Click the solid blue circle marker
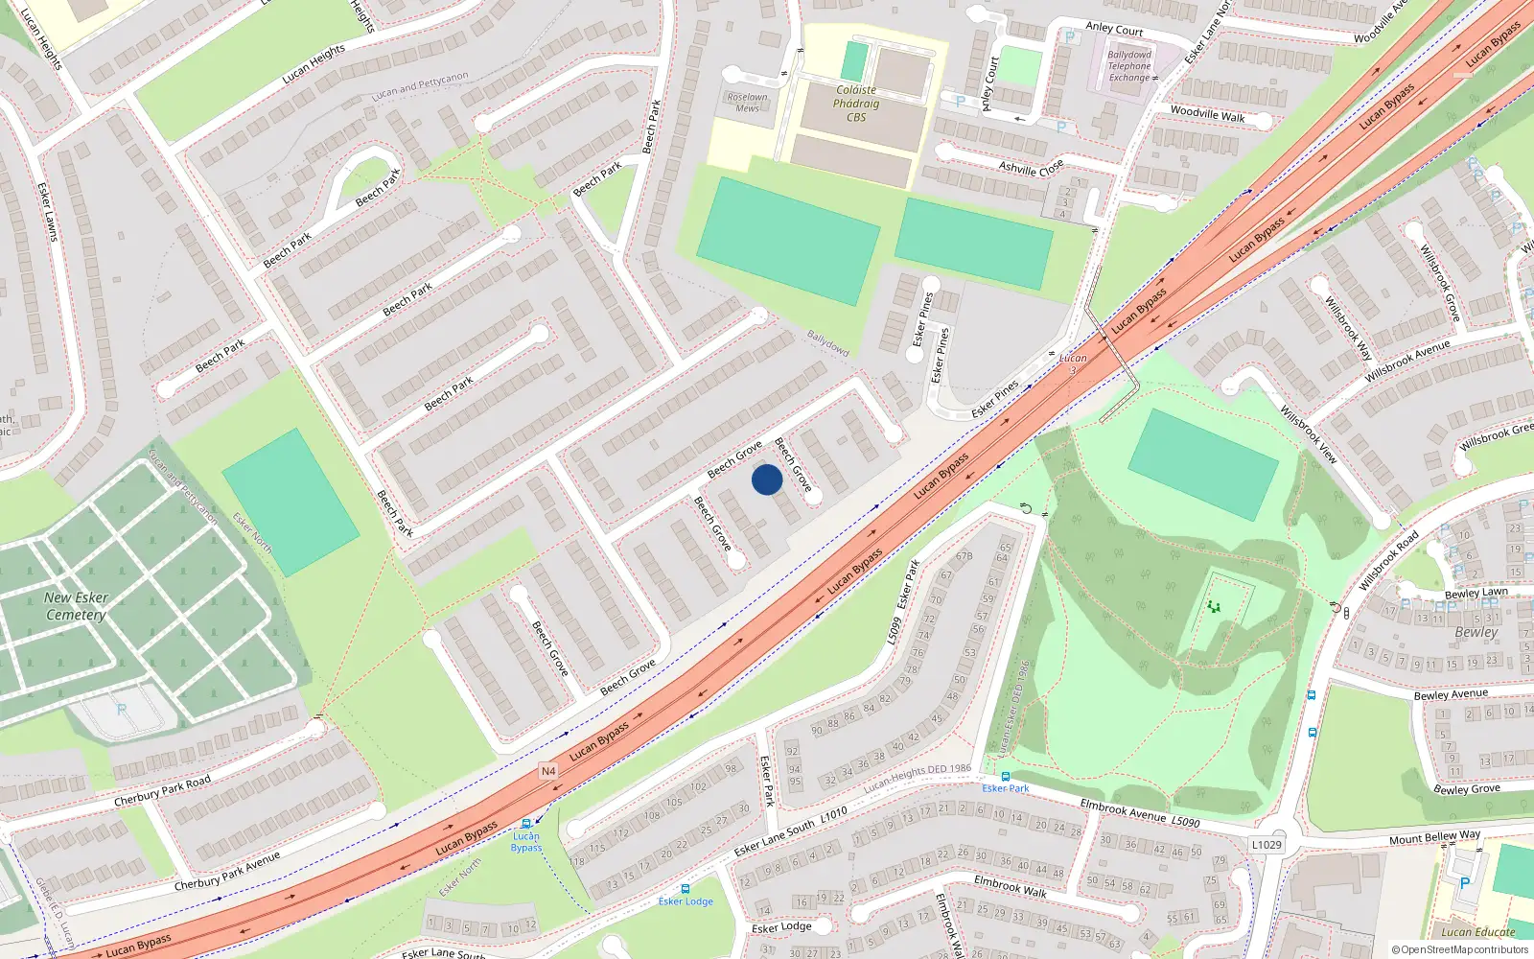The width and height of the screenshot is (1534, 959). pyautogui.click(x=767, y=479)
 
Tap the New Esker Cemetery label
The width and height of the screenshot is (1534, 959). pyautogui.click(x=76, y=606)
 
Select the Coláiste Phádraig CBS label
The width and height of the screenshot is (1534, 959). pyautogui.click(x=856, y=104)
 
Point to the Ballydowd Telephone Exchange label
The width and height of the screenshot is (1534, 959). pyautogui.click(x=1129, y=66)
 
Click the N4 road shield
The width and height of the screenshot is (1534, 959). pyautogui.click(x=548, y=771)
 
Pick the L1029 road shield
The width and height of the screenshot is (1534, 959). pyautogui.click(x=1267, y=845)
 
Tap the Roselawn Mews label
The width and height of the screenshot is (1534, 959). pyautogui.click(x=748, y=103)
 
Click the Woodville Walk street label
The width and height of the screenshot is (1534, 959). pyautogui.click(x=1207, y=114)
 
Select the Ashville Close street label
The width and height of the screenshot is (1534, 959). pyautogui.click(x=1031, y=168)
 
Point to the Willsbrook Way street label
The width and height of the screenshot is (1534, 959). pyautogui.click(x=1348, y=328)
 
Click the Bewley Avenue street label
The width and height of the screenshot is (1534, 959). pyautogui.click(x=1451, y=694)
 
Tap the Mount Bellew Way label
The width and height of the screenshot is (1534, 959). pyautogui.click(x=1434, y=838)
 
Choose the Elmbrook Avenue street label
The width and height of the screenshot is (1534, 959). pyautogui.click(x=1124, y=810)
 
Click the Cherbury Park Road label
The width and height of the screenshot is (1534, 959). pyautogui.click(x=162, y=792)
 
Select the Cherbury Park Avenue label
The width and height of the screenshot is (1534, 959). pyautogui.click(x=227, y=872)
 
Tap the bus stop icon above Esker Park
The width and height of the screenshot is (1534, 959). pyautogui.click(x=1005, y=777)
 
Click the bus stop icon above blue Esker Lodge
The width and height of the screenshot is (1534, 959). pyautogui.click(x=685, y=889)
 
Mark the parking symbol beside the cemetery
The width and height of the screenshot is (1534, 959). pyautogui.click(x=121, y=710)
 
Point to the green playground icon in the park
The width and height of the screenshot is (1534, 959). pyautogui.click(x=1215, y=606)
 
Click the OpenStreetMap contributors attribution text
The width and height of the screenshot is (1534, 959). pyautogui.click(x=1460, y=950)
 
